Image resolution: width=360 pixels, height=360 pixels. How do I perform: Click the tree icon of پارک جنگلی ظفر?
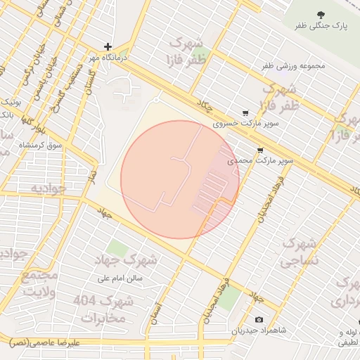tap(321, 15)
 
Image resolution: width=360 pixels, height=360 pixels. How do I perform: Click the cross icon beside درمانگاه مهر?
tap(108, 46)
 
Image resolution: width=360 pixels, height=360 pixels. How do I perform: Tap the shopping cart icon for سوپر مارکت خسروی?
tap(245, 112)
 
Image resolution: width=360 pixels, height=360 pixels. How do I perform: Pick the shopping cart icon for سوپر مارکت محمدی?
tap(260, 150)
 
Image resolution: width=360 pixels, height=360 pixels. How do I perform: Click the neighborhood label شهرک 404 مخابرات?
tap(103, 309)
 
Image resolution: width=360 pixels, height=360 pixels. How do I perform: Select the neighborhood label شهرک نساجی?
tap(300, 252)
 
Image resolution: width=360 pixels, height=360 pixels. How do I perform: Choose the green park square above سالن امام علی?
tap(117, 249)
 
